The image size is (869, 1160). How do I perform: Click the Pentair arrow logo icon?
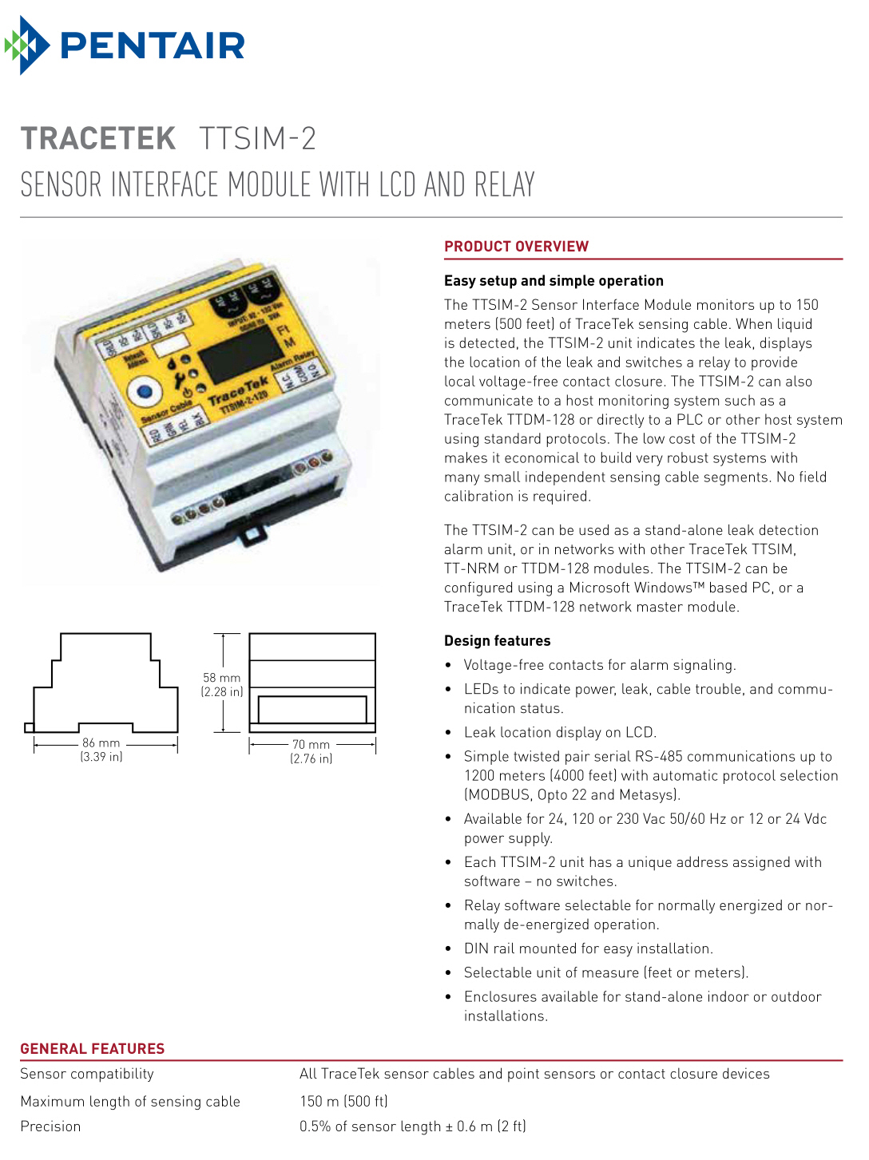tap(26, 46)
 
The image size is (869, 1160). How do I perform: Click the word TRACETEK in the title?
tap(97, 139)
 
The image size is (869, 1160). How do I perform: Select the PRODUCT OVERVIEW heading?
tap(516, 247)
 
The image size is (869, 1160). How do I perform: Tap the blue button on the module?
tap(145, 392)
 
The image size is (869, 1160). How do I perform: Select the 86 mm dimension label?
tap(101, 743)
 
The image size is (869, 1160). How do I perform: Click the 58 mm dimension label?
tap(221, 678)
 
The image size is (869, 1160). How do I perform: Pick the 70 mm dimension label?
tap(311, 744)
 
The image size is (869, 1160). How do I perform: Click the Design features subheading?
tap(497, 641)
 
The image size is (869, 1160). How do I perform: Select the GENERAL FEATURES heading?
tap(93, 1049)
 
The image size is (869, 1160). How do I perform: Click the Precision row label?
tap(50, 1126)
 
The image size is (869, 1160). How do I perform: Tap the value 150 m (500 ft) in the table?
tap(343, 1101)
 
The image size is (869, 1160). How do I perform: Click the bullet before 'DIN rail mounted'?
tap(448, 949)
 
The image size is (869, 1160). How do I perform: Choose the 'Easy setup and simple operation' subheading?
tap(554, 281)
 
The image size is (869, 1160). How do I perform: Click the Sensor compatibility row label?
tap(87, 1074)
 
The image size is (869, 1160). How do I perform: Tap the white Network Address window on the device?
tap(170, 346)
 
